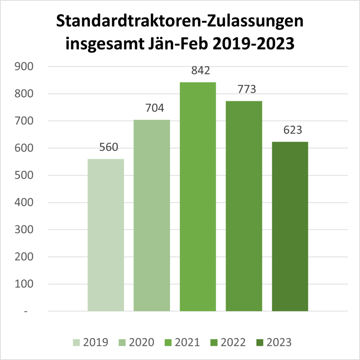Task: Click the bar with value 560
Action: (106, 235)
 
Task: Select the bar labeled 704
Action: (152, 215)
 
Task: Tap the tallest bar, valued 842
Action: (198, 196)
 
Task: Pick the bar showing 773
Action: (244, 206)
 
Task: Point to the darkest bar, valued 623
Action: (290, 226)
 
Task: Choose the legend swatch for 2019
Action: (77, 342)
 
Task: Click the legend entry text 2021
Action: (188, 342)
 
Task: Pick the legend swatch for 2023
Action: (260, 342)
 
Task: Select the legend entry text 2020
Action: (142, 342)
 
